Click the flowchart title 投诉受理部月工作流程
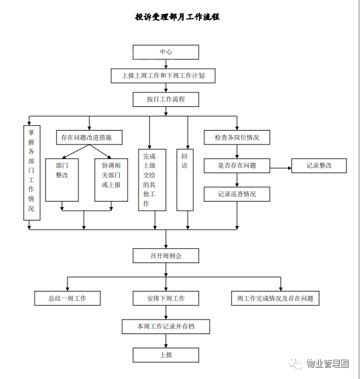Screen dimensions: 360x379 click(178, 17)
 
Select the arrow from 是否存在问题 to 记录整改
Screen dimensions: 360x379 click(281, 168)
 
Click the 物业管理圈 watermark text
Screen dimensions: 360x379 click(327, 363)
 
